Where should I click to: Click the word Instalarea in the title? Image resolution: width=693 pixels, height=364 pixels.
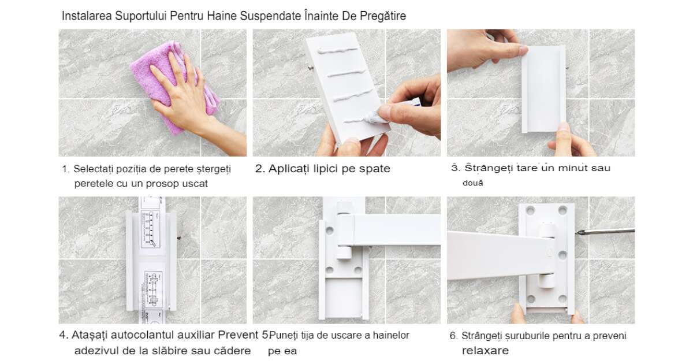(87, 16)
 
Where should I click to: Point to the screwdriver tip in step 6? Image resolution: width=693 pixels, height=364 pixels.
(577, 233)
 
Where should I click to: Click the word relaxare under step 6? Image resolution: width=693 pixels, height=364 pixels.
(485, 351)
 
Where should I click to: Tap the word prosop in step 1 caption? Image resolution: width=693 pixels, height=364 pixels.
(163, 184)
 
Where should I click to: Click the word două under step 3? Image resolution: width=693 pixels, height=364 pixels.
(473, 183)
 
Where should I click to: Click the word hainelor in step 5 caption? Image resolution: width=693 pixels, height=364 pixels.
(391, 335)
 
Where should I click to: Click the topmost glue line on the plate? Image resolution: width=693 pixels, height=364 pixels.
(338, 50)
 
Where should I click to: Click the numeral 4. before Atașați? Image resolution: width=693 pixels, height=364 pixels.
(64, 335)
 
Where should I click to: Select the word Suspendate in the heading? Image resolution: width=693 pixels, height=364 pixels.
(270, 16)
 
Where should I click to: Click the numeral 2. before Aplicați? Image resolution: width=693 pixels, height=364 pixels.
(260, 169)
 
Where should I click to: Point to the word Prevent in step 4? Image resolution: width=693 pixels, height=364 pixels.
(238, 335)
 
